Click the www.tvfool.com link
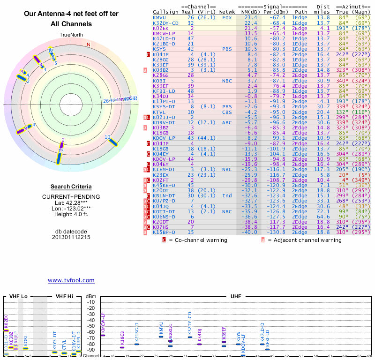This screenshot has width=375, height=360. point(71,280)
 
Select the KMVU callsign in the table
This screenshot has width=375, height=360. point(160,17)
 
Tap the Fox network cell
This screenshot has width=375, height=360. point(227,17)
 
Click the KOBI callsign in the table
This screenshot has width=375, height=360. point(160,81)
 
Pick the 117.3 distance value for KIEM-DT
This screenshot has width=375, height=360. point(323,169)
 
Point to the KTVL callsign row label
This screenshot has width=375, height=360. point(160,112)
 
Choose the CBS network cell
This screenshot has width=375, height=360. point(227,112)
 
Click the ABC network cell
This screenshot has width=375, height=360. point(227,122)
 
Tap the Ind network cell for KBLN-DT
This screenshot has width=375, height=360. point(227,195)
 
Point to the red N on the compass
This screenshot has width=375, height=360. point(88,45)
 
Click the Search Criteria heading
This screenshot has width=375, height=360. point(71,187)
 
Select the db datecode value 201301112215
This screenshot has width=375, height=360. point(71,237)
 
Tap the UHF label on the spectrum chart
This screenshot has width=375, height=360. point(236,296)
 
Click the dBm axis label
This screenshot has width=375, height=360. point(90,296)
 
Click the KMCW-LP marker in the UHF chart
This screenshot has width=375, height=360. point(103,336)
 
